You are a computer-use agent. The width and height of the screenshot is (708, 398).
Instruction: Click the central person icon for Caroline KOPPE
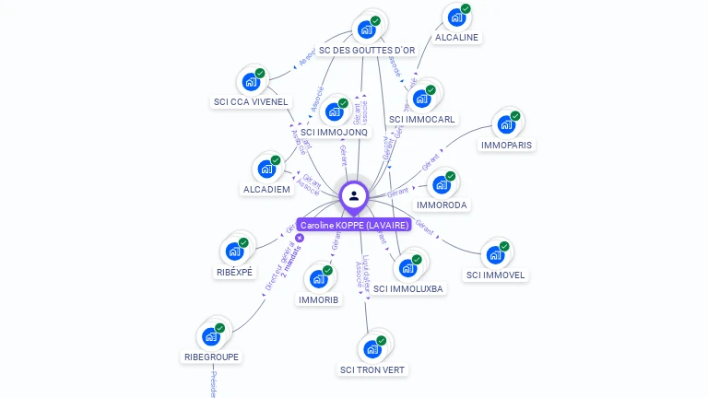[x=354, y=195]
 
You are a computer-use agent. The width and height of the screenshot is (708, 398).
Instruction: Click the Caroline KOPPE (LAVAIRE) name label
[x=354, y=225]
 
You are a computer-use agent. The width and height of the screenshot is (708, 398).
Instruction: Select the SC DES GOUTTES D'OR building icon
[x=366, y=28]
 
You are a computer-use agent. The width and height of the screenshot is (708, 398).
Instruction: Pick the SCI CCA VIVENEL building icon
[x=250, y=81]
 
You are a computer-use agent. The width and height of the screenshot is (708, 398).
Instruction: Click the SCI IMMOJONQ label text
[x=335, y=133]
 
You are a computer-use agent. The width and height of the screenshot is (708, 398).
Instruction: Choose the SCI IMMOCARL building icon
[x=422, y=98]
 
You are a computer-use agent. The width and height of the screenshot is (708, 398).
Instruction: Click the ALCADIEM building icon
[x=266, y=169]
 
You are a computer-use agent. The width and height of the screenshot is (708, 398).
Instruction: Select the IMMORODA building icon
[x=441, y=183]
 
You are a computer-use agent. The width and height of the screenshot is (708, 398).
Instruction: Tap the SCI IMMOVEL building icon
[x=495, y=253]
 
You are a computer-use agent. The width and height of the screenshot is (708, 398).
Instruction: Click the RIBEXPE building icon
[x=234, y=251]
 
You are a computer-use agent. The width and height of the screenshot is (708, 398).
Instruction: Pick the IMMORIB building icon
[x=318, y=278]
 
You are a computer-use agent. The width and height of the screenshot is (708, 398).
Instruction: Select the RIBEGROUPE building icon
[x=211, y=335]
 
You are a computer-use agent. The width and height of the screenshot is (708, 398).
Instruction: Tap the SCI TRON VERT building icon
[x=372, y=348]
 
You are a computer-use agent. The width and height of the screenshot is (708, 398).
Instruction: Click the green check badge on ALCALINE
[x=466, y=9]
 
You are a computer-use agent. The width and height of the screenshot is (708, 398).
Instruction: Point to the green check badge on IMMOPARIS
[x=515, y=116]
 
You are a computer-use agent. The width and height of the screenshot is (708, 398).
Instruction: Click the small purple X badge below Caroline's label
[x=300, y=238]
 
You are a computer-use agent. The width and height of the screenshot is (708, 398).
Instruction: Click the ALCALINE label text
[x=457, y=38]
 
